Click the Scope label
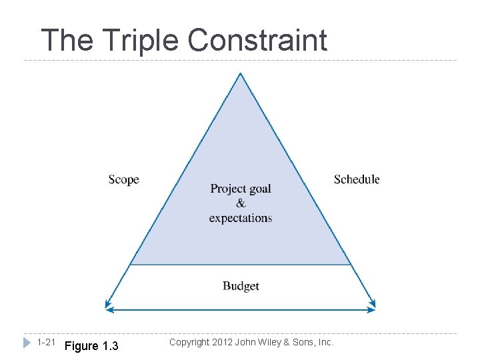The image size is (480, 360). (x=123, y=179)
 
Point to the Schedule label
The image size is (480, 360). (x=357, y=179)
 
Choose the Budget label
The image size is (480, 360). (x=241, y=286)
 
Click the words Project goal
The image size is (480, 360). (x=241, y=189)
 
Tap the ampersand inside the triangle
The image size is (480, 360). (x=241, y=203)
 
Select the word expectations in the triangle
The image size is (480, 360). (x=241, y=218)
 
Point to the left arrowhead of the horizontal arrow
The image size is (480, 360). (x=109, y=309)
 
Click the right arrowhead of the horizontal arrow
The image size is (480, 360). (x=372, y=309)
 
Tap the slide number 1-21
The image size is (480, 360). (x=46, y=343)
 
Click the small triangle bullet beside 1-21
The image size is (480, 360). (x=27, y=343)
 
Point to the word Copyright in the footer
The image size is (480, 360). (x=191, y=342)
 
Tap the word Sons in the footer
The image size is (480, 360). (x=305, y=342)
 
